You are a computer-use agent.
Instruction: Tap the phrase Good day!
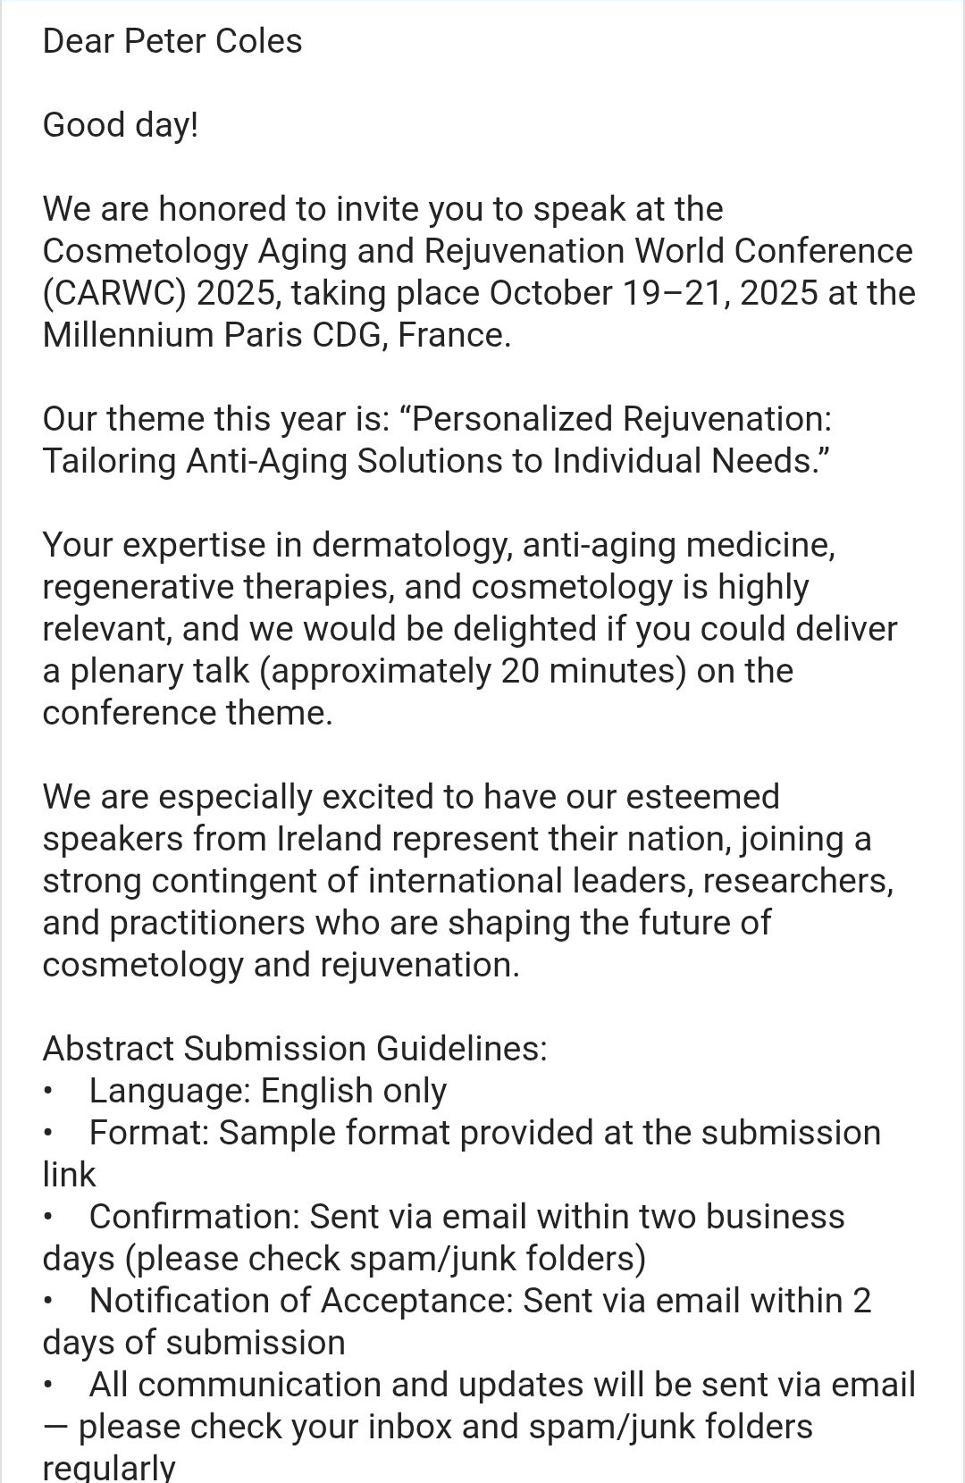coord(121,125)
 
